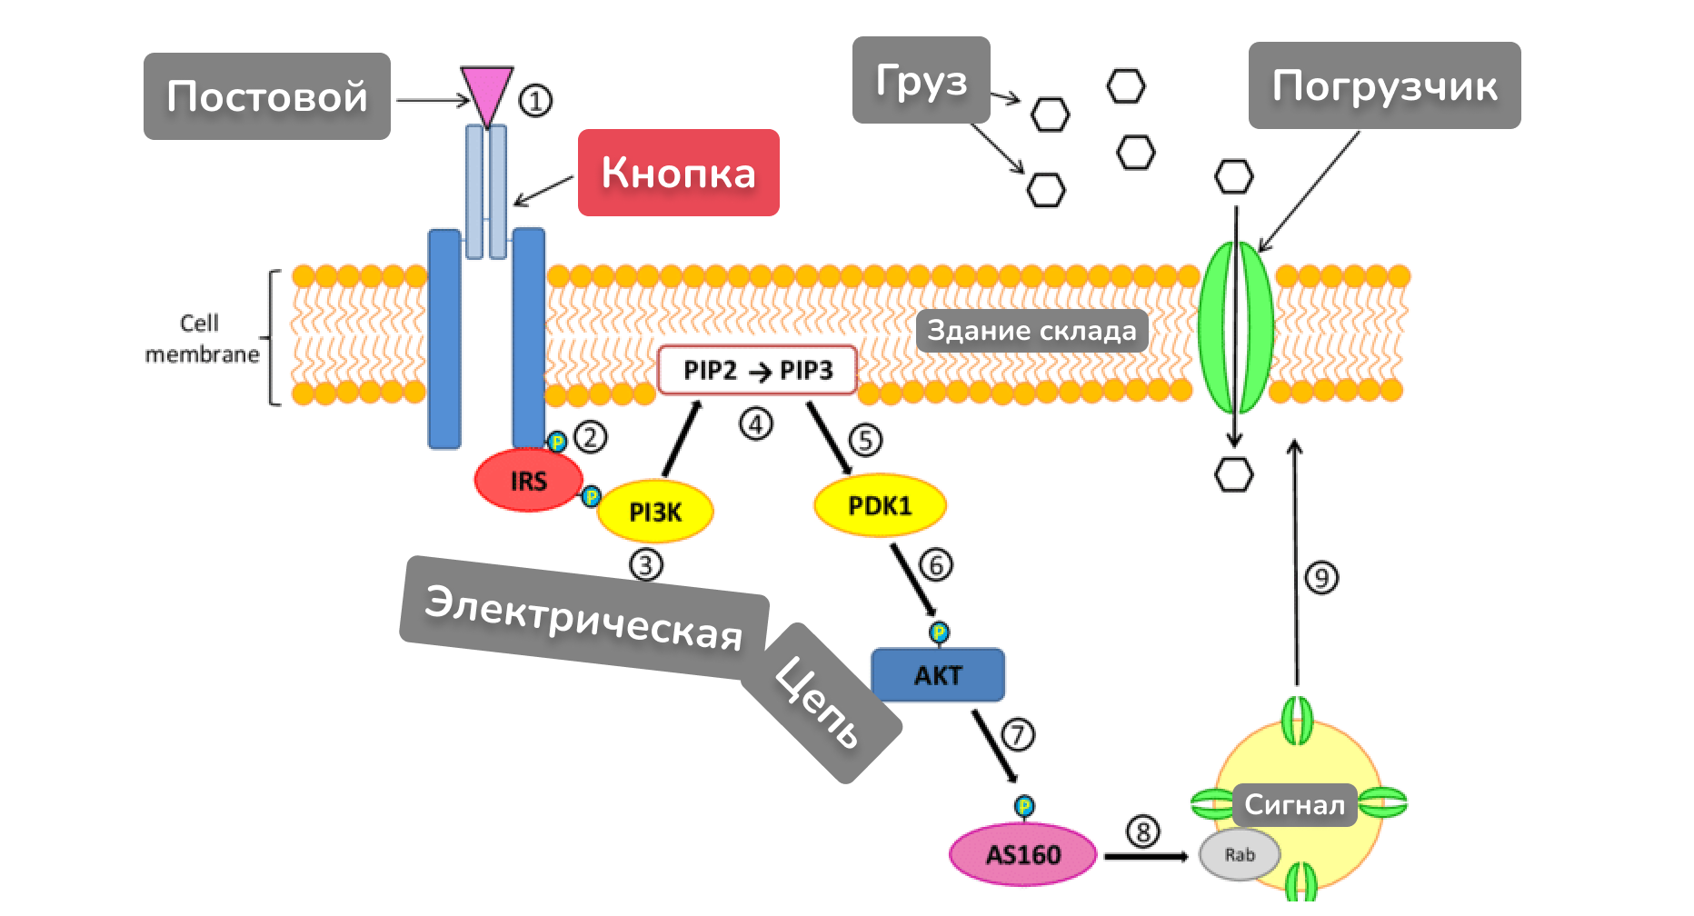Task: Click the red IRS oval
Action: pyautogui.click(x=528, y=480)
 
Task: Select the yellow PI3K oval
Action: pyautogui.click(x=654, y=513)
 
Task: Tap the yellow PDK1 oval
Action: pyautogui.click(x=879, y=505)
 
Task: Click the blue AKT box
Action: pyautogui.click(x=938, y=675)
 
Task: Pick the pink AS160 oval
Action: pyautogui.click(x=1022, y=855)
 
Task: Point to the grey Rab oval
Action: pyautogui.click(x=1240, y=855)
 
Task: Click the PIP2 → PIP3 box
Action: pyautogui.click(x=757, y=370)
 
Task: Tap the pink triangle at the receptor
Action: pyautogui.click(x=487, y=94)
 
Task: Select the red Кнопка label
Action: pyautogui.click(x=678, y=173)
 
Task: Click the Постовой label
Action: pyautogui.click(x=267, y=96)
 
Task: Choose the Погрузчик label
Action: pyautogui.click(x=1384, y=85)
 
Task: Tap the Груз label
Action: pyautogui.click(x=921, y=80)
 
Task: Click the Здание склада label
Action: pyautogui.click(x=1031, y=331)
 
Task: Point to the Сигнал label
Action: pyautogui.click(x=1294, y=805)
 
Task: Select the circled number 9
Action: pyautogui.click(x=1321, y=578)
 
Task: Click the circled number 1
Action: pyautogui.click(x=535, y=100)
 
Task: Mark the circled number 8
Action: pyautogui.click(x=1142, y=831)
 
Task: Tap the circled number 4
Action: pyautogui.click(x=756, y=423)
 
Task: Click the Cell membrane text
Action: pyautogui.click(x=201, y=339)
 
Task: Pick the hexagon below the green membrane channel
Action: pyautogui.click(x=1234, y=474)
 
